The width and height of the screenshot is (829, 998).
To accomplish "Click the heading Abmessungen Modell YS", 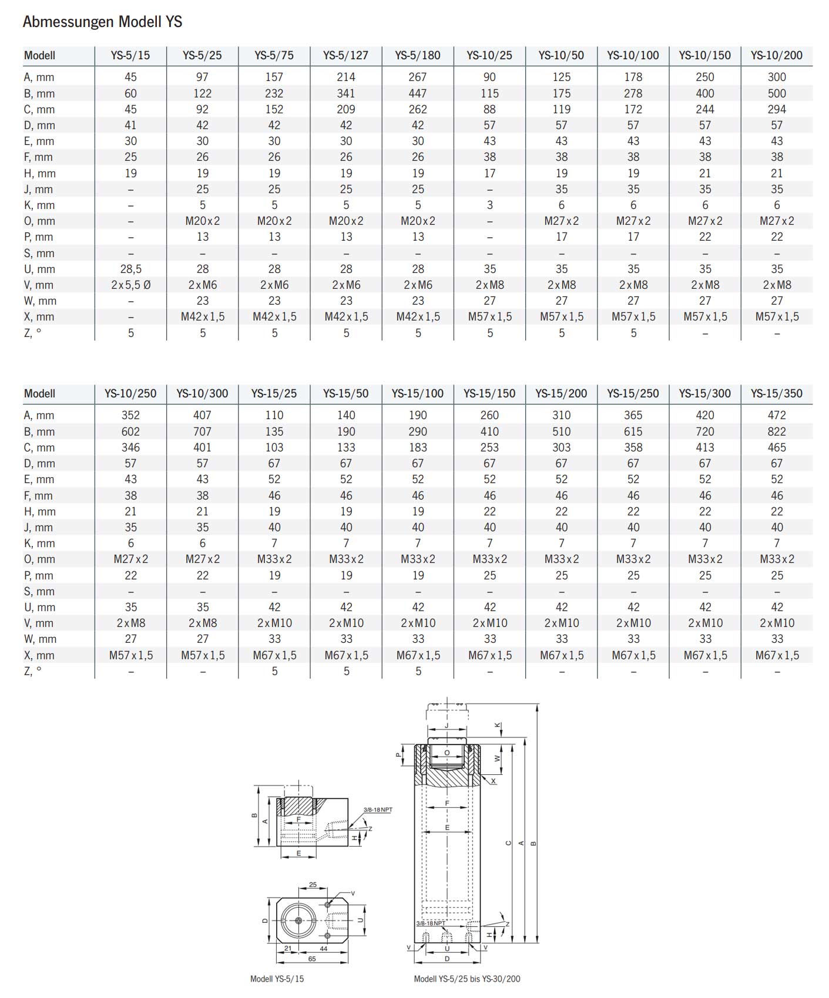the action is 103,22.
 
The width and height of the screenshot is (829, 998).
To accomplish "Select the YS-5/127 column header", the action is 345,56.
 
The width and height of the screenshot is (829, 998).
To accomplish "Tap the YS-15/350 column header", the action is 777,394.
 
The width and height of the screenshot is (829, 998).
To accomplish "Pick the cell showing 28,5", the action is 130,269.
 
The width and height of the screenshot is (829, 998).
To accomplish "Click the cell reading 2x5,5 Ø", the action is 130,285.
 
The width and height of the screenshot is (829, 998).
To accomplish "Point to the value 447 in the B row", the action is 418,93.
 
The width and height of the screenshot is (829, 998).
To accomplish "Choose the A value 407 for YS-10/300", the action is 202,416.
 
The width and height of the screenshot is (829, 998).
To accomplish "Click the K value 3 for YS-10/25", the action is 489,205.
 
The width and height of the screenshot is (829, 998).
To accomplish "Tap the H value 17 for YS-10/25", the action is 489,174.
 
